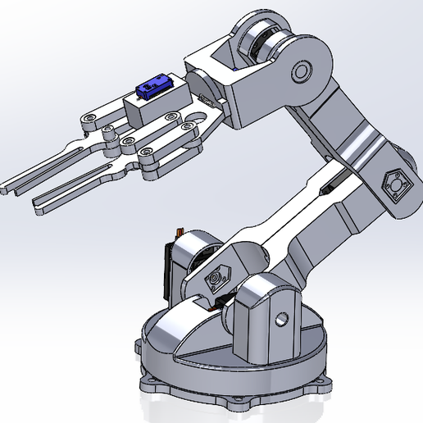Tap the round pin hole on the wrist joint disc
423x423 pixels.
[x=301, y=73]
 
